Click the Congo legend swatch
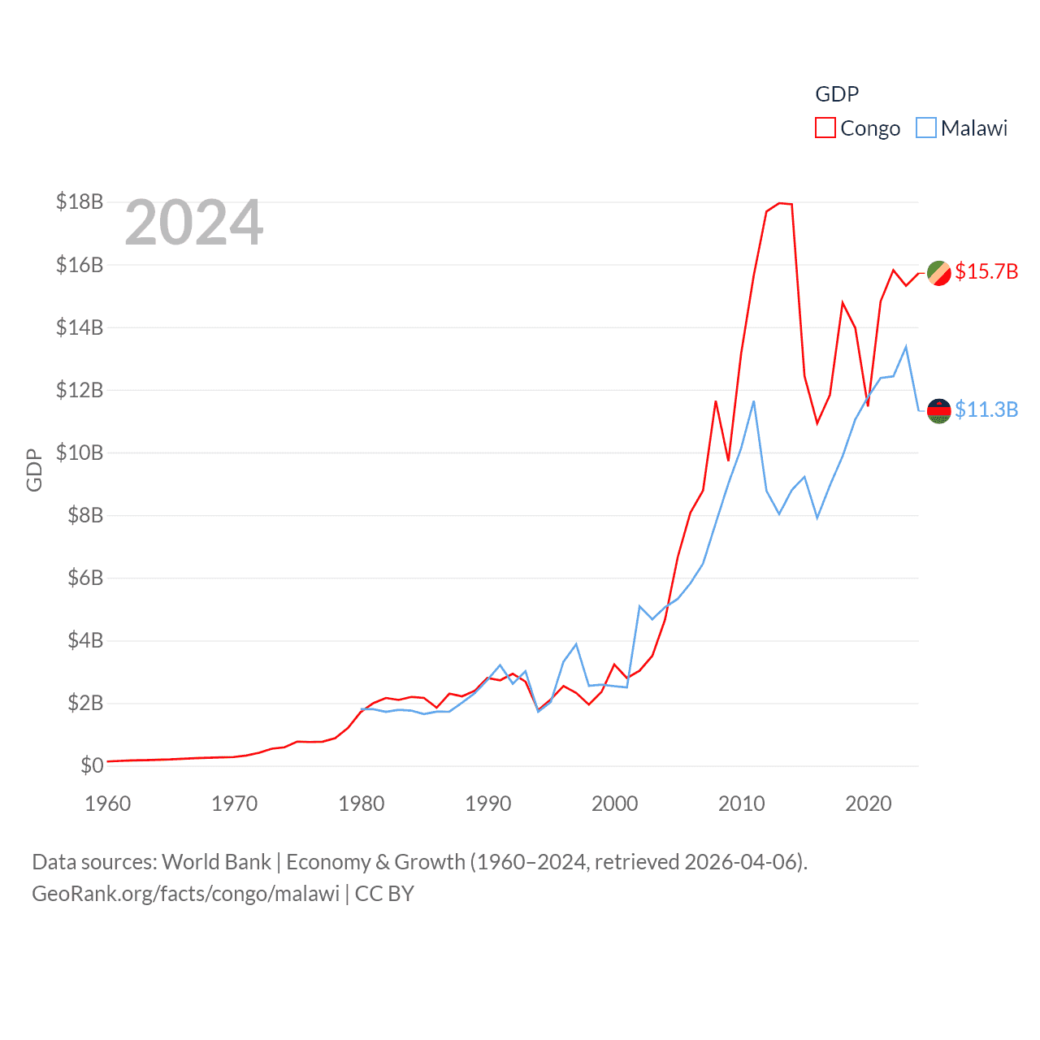pyautogui.click(x=825, y=128)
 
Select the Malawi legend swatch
pyautogui.click(x=926, y=128)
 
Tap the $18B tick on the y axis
pyautogui.click(x=80, y=201)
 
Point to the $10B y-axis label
pyautogui.click(x=80, y=453)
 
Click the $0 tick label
pyautogui.click(x=92, y=765)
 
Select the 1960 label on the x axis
pyautogui.click(x=108, y=804)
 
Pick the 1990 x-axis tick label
pyautogui.click(x=488, y=804)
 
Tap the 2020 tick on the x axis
pyautogui.click(x=869, y=804)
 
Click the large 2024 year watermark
pyautogui.click(x=194, y=223)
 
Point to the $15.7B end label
pyautogui.click(x=986, y=271)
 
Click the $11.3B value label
pyautogui.click(x=986, y=409)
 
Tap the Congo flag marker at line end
pyautogui.click(x=939, y=273)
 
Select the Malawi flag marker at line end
pyautogui.click(x=939, y=411)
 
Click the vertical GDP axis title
pyautogui.click(x=34, y=470)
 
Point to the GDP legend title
pyautogui.click(x=837, y=94)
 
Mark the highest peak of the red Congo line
pyautogui.click(x=780, y=203)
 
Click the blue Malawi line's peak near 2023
pyautogui.click(x=906, y=347)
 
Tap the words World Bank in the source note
pyautogui.click(x=217, y=862)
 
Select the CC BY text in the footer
pyautogui.click(x=384, y=894)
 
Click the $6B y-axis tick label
pyautogui.click(x=80, y=578)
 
